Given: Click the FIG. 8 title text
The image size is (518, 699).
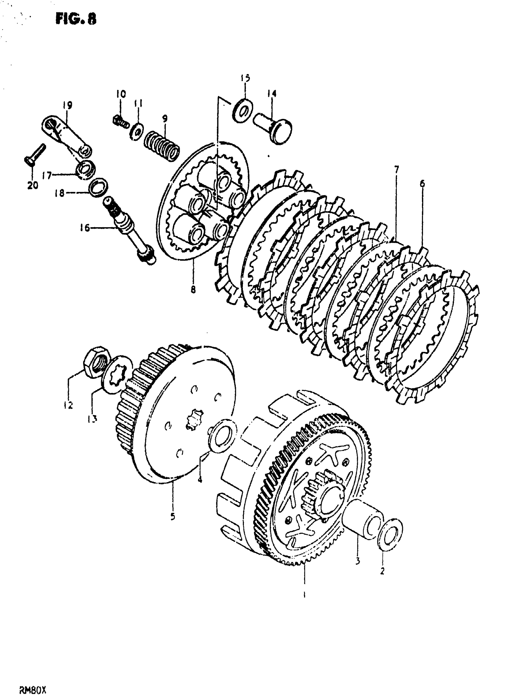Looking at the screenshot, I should click(76, 20).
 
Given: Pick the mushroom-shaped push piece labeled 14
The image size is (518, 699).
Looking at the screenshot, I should click(274, 129).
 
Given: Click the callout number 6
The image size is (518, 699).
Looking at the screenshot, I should click(422, 183).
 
